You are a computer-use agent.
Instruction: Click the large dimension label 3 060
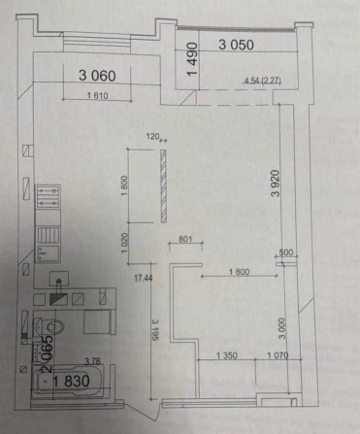pos(96,73)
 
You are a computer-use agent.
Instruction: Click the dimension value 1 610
pos(95,95)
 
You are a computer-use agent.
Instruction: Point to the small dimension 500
pos(285,252)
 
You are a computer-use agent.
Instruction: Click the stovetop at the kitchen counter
pos(46,199)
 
